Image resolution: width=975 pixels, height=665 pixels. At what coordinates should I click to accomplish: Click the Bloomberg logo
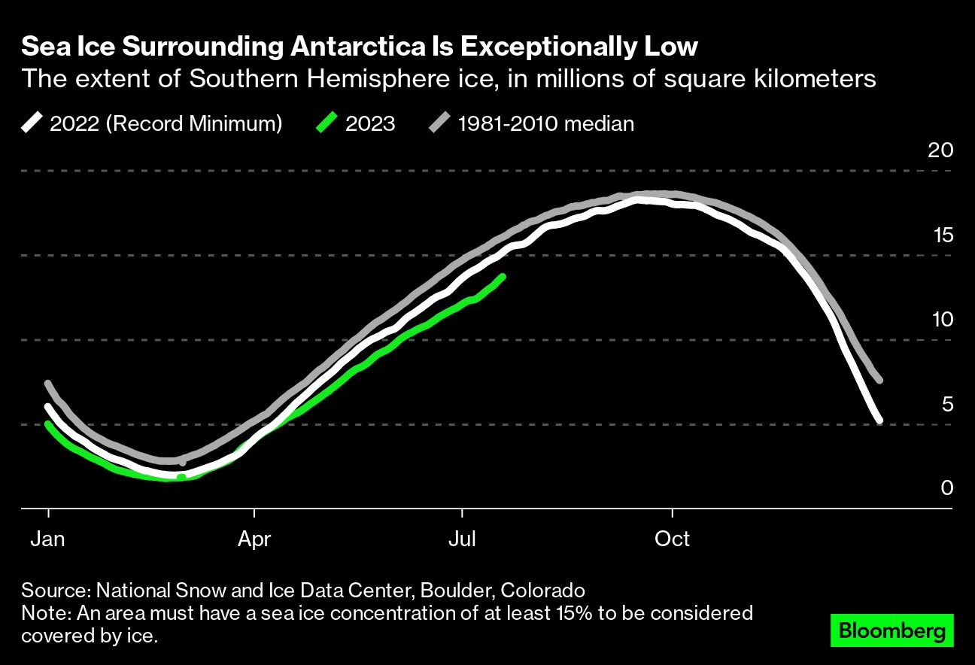(892, 630)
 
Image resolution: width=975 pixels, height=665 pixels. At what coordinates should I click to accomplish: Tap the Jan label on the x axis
(48, 539)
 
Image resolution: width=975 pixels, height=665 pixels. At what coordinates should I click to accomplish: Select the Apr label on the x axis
(255, 539)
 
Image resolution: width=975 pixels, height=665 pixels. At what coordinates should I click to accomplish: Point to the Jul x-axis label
(461, 539)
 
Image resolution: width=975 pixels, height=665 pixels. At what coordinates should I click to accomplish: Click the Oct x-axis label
(672, 539)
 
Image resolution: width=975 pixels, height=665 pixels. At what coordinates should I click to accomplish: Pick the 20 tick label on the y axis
(940, 150)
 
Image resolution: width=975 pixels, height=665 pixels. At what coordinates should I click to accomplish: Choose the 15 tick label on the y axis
(940, 235)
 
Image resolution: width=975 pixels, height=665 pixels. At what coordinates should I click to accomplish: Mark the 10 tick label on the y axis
(940, 320)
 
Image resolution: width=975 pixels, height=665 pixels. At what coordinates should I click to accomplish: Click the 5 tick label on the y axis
(946, 405)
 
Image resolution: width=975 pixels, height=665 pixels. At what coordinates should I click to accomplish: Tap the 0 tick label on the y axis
(946, 488)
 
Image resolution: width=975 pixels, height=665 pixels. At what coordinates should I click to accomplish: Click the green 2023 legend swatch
(326, 123)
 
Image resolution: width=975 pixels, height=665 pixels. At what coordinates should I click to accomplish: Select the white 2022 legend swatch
(32, 123)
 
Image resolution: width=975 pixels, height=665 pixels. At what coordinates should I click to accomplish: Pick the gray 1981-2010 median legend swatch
(439, 123)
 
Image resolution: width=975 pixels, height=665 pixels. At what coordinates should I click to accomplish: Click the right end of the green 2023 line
(502, 277)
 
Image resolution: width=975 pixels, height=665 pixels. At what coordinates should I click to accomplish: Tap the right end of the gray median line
(879, 380)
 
